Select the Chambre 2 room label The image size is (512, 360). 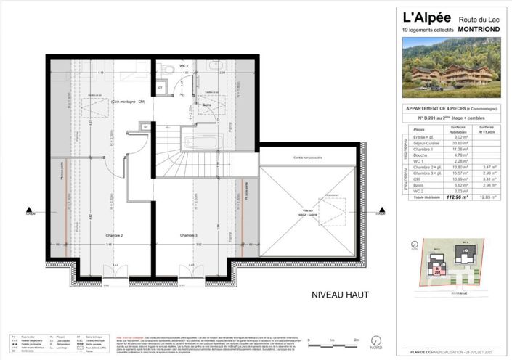click(111, 237)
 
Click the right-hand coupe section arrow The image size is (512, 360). click(379, 213)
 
